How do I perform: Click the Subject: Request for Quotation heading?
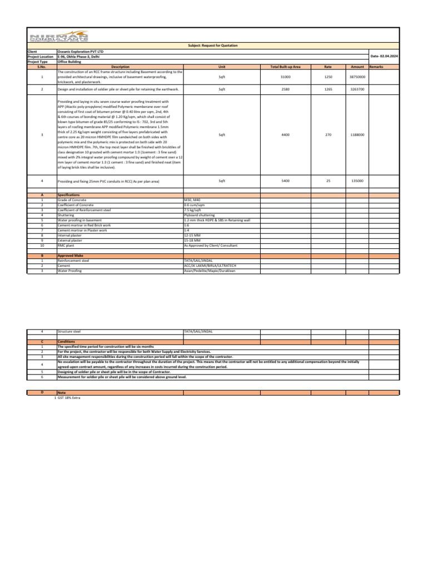(213, 48)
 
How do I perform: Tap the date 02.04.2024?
(385, 57)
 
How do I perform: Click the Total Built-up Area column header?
(285, 66)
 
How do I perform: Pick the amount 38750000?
(356, 76)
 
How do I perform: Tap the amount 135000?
(356, 181)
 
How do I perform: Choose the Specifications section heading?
(69, 195)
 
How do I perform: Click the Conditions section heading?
(67, 342)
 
